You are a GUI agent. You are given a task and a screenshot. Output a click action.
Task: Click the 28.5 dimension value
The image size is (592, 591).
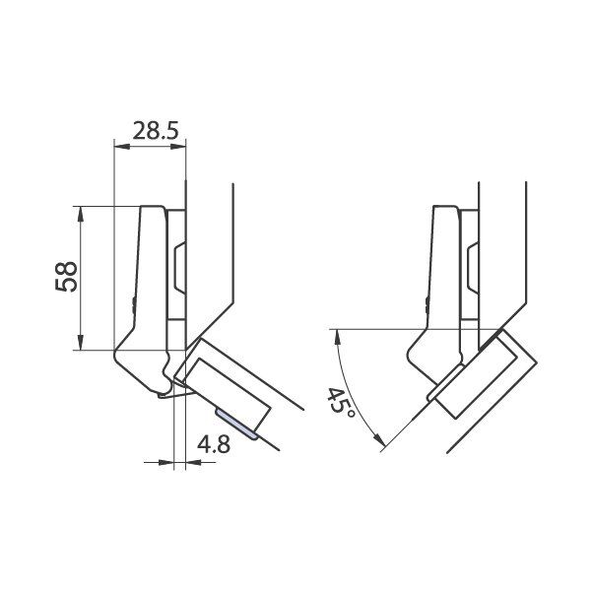(x=155, y=131)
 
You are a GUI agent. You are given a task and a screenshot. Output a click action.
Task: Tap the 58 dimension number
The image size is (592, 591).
(x=66, y=277)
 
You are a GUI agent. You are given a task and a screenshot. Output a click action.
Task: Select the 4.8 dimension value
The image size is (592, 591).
(x=214, y=444)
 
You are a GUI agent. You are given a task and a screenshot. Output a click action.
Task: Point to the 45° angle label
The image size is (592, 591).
(x=340, y=401)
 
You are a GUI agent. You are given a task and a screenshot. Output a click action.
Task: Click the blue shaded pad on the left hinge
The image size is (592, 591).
(x=236, y=424)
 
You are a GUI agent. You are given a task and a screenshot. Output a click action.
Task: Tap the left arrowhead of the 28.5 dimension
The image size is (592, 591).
(x=122, y=147)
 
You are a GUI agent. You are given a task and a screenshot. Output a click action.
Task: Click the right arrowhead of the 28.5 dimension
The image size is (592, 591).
(x=178, y=147)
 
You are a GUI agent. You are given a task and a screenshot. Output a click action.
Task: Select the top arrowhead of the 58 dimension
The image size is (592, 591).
(x=80, y=215)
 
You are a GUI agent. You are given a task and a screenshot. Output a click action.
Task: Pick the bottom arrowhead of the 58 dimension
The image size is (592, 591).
(x=80, y=342)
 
